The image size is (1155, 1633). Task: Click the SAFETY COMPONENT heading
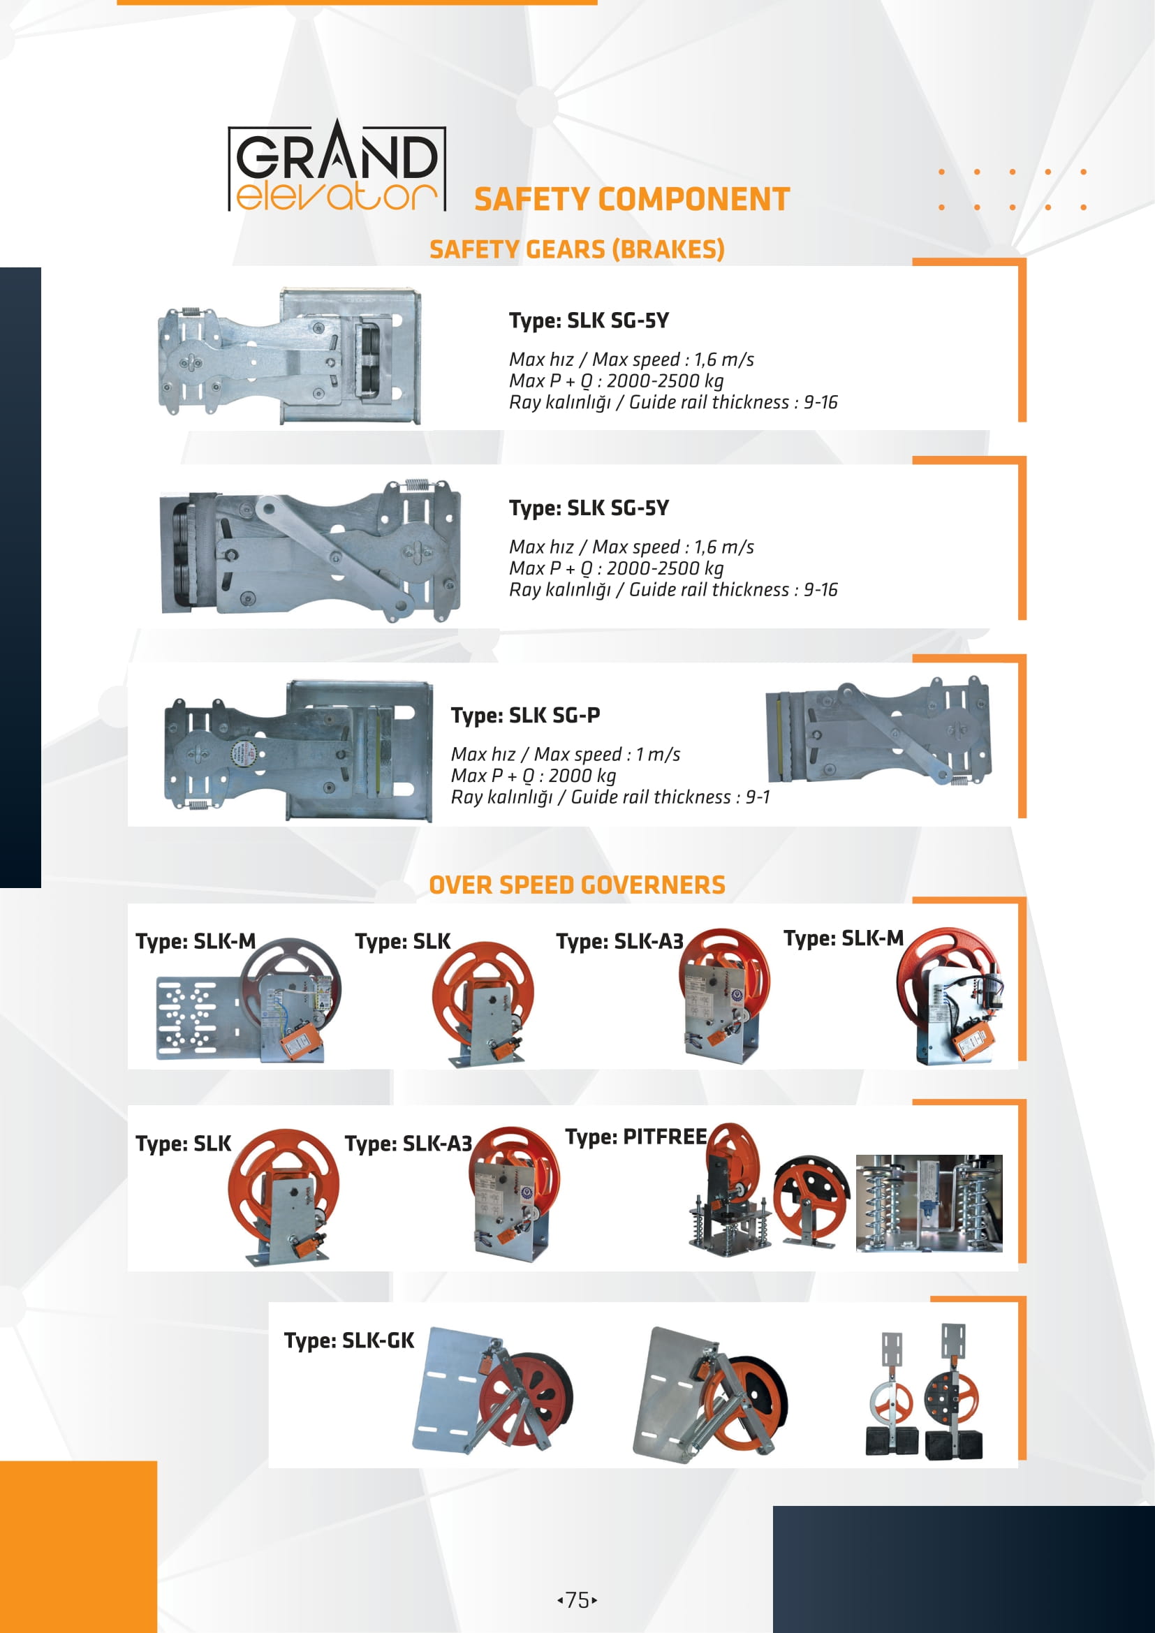(x=631, y=199)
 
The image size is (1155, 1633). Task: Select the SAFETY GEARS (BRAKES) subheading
(x=577, y=250)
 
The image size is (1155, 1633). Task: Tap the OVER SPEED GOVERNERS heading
(x=577, y=885)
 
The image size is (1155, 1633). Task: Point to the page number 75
(x=577, y=1599)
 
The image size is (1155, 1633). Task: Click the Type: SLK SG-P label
(x=526, y=715)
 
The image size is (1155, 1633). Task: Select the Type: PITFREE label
(x=636, y=1137)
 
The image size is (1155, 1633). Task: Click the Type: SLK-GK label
(x=348, y=1340)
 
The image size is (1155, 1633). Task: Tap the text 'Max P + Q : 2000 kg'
(x=534, y=776)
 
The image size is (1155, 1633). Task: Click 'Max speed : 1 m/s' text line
(x=566, y=754)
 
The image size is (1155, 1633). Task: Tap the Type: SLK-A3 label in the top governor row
(x=619, y=942)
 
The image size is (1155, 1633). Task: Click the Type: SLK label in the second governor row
(x=184, y=1144)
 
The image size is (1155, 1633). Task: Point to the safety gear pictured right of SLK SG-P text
(x=878, y=732)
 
